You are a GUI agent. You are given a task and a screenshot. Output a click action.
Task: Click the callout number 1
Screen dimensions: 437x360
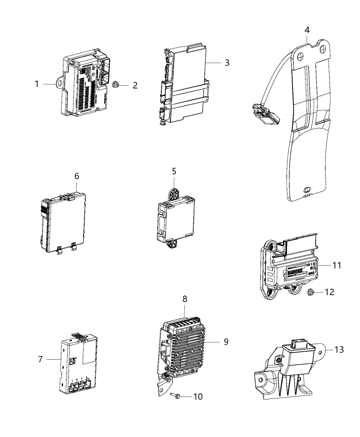click(x=37, y=84)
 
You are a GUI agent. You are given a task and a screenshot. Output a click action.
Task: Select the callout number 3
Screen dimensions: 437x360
click(x=227, y=63)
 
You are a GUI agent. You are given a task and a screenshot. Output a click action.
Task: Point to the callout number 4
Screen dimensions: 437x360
click(x=307, y=30)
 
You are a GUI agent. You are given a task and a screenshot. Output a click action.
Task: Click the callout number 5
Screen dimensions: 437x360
click(x=174, y=171)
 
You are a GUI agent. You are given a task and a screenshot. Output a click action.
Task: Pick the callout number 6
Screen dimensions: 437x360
click(x=76, y=176)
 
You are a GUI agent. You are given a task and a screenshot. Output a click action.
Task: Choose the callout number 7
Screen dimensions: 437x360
click(x=40, y=359)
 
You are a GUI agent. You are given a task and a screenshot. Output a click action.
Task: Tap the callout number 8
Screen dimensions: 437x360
click(x=185, y=299)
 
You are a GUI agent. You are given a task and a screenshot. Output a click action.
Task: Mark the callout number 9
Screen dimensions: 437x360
click(x=226, y=342)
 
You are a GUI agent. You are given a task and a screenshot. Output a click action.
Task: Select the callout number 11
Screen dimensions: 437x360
click(x=337, y=265)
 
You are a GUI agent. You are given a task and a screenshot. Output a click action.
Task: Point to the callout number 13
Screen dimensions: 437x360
click(x=339, y=350)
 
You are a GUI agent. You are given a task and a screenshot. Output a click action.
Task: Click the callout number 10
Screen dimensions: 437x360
click(x=198, y=397)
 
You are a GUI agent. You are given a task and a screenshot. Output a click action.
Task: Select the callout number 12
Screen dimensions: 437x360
click(x=329, y=292)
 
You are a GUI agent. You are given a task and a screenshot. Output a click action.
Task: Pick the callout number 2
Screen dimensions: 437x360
click(x=135, y=85)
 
